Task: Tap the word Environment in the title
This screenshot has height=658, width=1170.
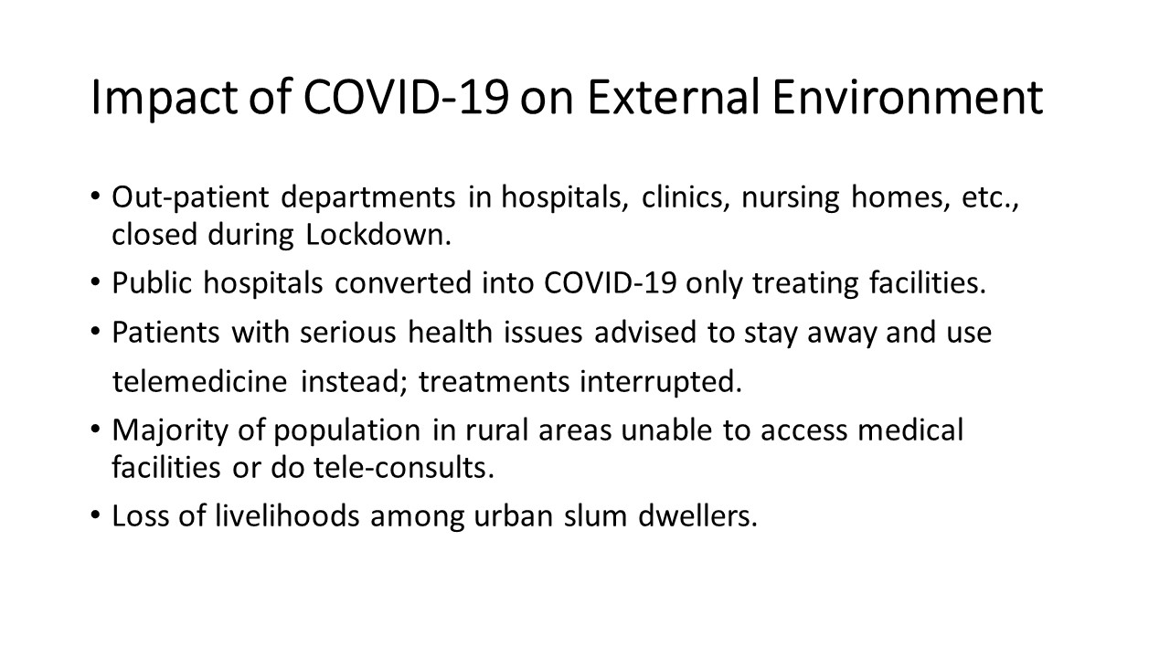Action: pos(908,97)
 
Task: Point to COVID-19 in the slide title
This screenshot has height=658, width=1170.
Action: pos(407,97)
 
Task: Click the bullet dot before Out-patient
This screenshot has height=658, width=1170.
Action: pos(94,196)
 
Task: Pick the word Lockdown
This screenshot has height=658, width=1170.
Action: pos(378,235)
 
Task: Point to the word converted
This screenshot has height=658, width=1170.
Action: pos(403,282)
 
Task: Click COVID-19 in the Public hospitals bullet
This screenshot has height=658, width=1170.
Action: pos(610,282)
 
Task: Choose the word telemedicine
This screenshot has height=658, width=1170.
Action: pos(200,381)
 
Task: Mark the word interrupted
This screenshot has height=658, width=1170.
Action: pos(661,382)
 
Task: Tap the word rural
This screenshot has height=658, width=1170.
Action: pos(496,430)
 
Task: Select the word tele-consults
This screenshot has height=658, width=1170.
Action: pos(404,467)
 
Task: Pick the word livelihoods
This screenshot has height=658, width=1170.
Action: pos(287,516)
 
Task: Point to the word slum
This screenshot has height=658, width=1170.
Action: pos(595,516)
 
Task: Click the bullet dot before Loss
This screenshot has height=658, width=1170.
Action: pos(94,515)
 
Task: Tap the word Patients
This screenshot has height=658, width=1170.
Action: pos(166,332)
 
